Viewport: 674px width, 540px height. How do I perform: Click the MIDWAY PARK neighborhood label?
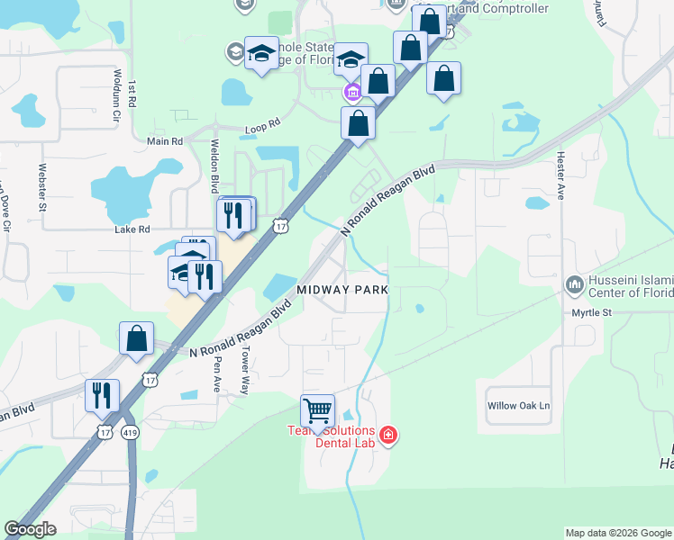[x=342, y=290]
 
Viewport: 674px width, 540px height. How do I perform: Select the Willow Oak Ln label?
[x=518, y=406]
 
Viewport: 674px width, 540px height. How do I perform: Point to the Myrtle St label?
[x=591, y=313]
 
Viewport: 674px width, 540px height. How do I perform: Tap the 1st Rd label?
[x=132, y=94]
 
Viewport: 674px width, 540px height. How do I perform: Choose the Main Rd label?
[x=165, y=141]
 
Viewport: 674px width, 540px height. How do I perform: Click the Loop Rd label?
[x=263, y=130]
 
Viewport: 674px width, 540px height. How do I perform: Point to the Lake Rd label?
[x=132, y=229]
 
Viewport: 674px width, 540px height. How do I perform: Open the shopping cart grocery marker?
[x=317, y=411]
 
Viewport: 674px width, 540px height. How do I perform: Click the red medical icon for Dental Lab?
[x=387, y=436]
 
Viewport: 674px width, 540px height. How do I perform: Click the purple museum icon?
[x=351, y=93]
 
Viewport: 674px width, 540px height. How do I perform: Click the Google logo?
[x=30, y=529]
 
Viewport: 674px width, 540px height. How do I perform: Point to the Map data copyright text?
[x=617, y=533]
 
